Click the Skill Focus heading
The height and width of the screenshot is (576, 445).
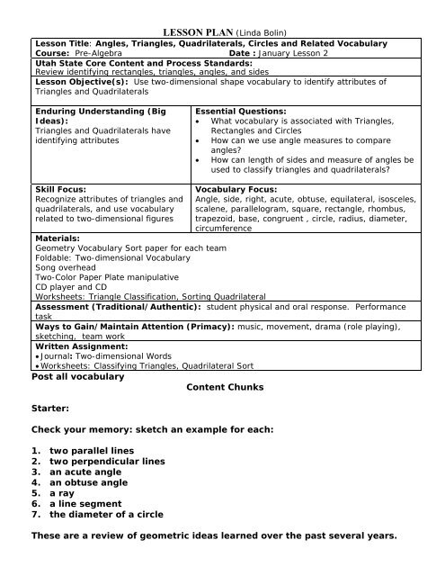pos(60,191)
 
